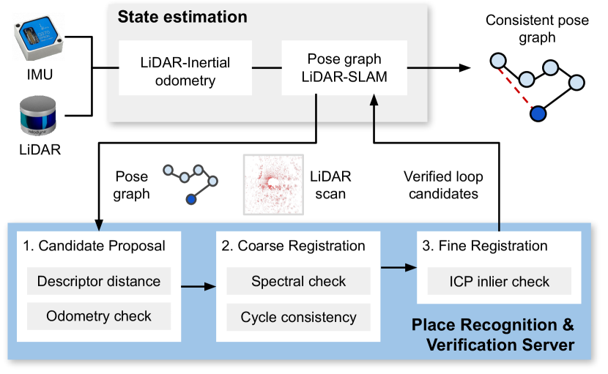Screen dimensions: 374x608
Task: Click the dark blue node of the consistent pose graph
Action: tap(538, 113)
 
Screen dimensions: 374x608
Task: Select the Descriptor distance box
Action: tap(99, 282)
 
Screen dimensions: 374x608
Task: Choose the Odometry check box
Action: tap(99, 316)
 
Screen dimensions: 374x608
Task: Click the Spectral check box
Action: tap(298, 282)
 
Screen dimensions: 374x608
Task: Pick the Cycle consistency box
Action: tap(298, 317)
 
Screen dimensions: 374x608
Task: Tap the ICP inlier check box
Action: tap(499, 282)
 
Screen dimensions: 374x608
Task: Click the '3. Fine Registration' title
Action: tap(485, 247)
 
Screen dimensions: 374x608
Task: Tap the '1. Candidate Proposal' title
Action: tap(93, 247)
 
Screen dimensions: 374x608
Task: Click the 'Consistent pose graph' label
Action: tap(537, 28)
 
